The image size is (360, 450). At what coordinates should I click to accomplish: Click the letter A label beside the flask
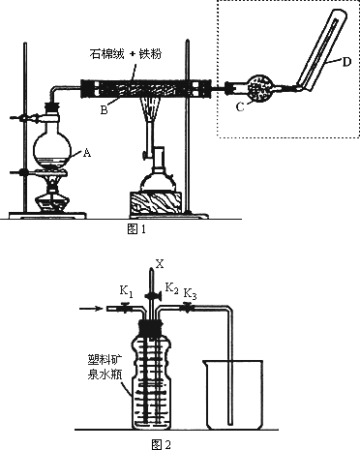tap(87, 153)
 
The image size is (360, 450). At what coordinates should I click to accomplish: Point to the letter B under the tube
tap(104, 110)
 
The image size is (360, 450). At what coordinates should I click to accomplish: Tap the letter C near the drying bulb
tap(240, 107)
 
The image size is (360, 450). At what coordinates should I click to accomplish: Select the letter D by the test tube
tap(346, 62)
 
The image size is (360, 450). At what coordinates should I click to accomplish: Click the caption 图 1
tap(136, 229)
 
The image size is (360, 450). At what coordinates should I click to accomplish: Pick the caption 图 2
tap(161, 444)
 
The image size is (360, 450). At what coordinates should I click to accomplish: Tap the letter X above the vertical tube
tap(160, 264)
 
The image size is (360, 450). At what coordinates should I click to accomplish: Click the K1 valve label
tap(126, 291)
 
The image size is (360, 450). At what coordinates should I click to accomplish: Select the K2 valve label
tap(171, 287)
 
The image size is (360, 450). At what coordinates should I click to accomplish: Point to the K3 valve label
tap(190, 294)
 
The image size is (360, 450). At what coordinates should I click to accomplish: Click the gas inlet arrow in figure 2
tap(91, 309)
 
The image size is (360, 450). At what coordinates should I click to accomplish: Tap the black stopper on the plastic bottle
tap(150, 327)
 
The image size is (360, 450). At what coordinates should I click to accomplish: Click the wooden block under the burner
tap(156, 204)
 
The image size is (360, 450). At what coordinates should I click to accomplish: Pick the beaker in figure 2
tap(232, 395)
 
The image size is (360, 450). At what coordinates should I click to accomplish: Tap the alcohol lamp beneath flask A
tap(52, 194)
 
